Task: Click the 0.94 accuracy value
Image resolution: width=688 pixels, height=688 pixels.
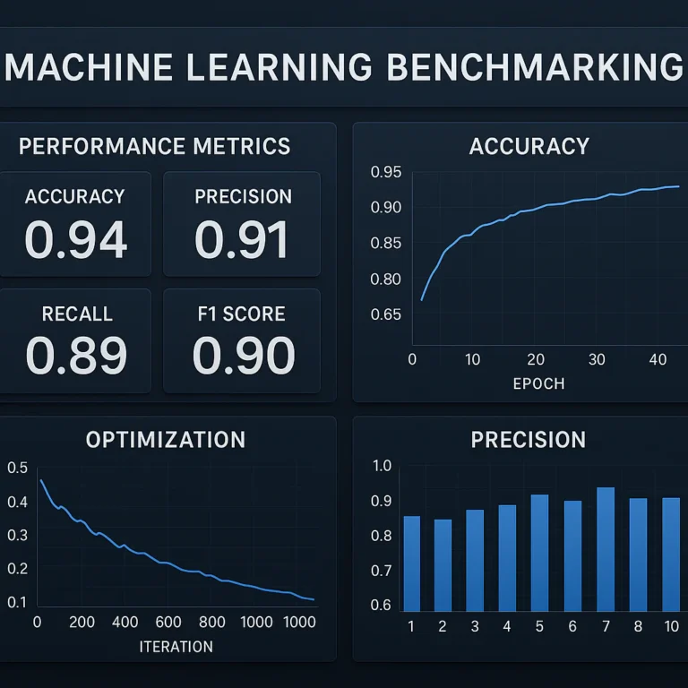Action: tap(75, 239)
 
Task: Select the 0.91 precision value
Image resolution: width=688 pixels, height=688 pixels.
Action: tap(242, 239)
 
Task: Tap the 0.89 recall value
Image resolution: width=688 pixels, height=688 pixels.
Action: tap(75, 355)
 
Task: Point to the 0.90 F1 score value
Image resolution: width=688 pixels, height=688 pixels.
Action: tap(243, 355)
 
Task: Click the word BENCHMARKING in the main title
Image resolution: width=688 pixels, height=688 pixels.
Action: tap(534, 69)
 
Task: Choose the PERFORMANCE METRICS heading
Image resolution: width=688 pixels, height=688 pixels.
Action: tap(154, 147)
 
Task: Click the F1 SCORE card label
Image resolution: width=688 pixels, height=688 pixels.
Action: tap(242, 314)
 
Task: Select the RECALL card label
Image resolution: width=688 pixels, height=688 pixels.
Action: tap(77, 314)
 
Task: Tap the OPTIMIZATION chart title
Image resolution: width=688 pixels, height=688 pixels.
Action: tap(165, 440)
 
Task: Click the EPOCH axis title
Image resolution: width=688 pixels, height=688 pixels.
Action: tap(538, 383)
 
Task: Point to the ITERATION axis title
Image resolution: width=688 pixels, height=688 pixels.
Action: tap(176, 646)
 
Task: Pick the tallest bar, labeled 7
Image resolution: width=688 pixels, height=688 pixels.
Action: tap(606, 549)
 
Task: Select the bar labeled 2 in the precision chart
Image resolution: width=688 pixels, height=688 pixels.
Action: tap(443, 565)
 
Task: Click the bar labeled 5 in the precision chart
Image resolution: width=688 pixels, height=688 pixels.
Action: tap(539, 553)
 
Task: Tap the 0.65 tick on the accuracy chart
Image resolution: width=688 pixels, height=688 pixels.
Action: tap(385, 314)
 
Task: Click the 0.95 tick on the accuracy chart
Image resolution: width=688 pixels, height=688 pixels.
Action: tap(385, 173)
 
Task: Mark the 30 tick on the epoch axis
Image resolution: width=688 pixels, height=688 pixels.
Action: tap(598, 360)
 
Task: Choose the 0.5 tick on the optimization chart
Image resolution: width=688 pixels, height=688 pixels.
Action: tap(17, 468)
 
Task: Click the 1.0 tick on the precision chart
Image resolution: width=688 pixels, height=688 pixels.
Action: tap(382, 466)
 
